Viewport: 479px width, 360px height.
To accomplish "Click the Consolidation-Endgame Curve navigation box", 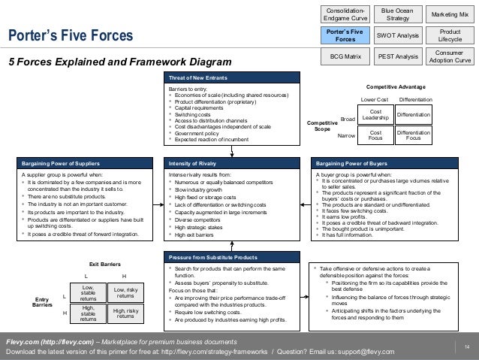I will point(345,14).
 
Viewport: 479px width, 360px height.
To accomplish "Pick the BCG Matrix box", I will point(345,56).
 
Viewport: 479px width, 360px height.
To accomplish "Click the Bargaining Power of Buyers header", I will point(353,162).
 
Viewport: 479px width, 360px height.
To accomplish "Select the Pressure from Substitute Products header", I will point(214,256).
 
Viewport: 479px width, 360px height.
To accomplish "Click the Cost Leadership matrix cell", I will point(376,114).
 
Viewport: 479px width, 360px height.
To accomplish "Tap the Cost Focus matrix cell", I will point(376,135).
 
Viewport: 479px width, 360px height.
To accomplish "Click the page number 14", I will point(466,346).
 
